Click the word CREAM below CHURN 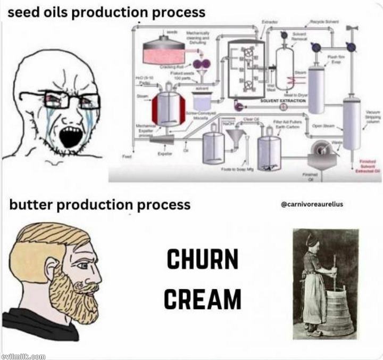[202, 298]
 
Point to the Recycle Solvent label [324, 21]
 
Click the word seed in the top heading [21, 12]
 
